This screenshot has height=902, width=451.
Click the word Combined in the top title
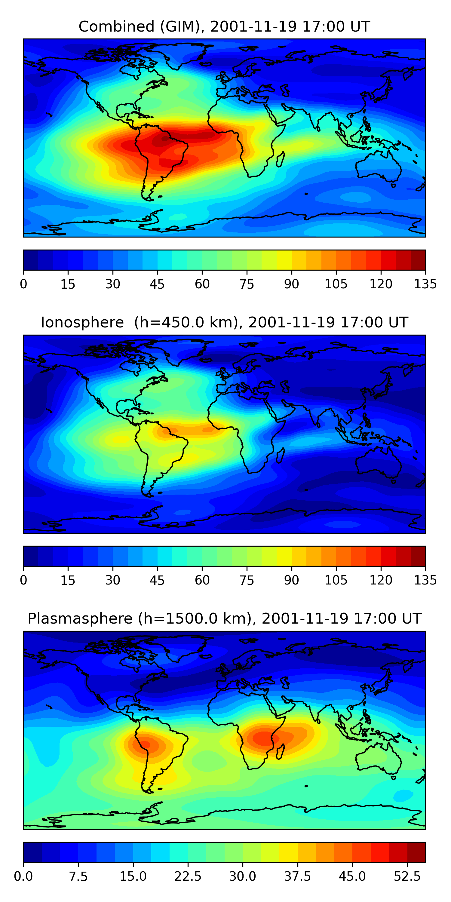116,27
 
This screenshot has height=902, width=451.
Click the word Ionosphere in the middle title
82,323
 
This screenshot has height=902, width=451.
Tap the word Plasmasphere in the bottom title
80,619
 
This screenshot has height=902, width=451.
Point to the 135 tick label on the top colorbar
425,284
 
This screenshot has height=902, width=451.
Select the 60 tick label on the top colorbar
202,284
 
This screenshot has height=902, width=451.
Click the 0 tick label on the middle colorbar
23,580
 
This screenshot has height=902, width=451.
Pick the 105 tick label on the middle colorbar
336,580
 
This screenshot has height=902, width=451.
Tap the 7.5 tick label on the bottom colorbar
78,876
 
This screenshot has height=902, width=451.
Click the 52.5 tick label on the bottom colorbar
407,876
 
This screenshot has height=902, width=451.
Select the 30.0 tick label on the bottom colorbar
242,876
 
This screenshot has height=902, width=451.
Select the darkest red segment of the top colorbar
418,260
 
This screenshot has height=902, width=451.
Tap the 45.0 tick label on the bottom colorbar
352,876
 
